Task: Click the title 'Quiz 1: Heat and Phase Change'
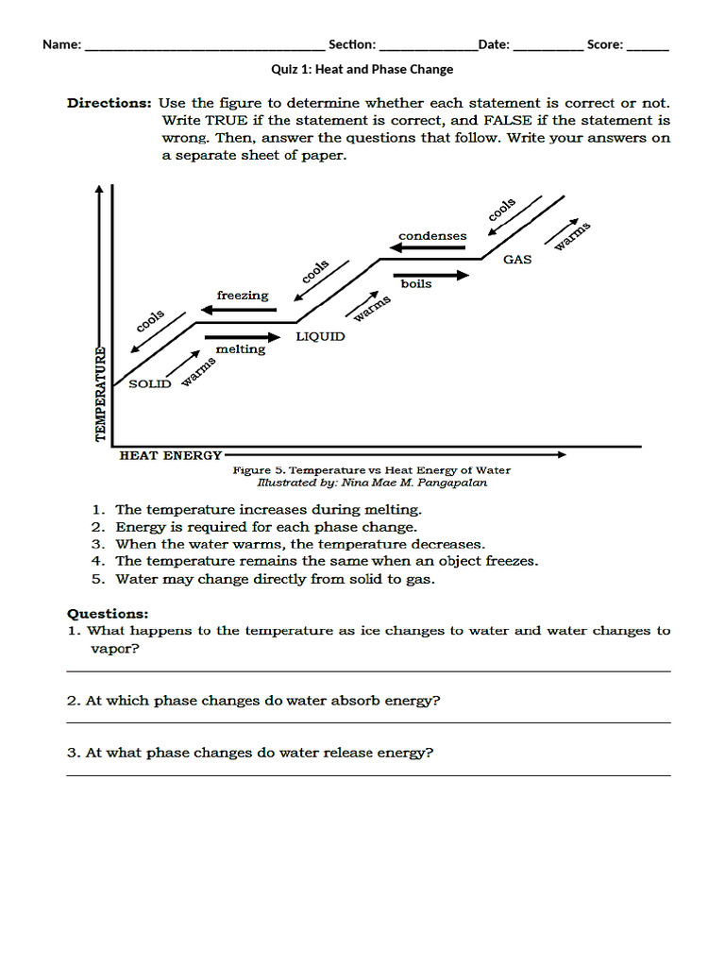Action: (x=362, y=69)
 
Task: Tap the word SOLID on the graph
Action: (x=149, y=383)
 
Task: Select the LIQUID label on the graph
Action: (x=321, y=336)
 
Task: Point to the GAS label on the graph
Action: (x=517, y=259)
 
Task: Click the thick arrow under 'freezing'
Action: (x=237, y=310)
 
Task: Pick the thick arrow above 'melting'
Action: (x=243, y=336)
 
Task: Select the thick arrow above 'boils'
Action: (x=431, y=275)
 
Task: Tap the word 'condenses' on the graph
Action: (x=432, y=235)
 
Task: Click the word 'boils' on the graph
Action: (x=416, y=284)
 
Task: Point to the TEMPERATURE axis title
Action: (x=100, y=393)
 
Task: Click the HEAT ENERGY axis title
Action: (x=171, y=455)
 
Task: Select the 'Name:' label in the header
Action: (x=61, y=44)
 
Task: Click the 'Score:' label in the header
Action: (x=604, y=44)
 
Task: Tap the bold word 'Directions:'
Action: (x=109, y=103)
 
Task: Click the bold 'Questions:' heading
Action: (x=108, y=613)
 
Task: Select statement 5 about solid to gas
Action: (x=275, y=579)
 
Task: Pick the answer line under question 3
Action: (x=368, y=775)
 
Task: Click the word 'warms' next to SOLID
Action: (x=197, y=371)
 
